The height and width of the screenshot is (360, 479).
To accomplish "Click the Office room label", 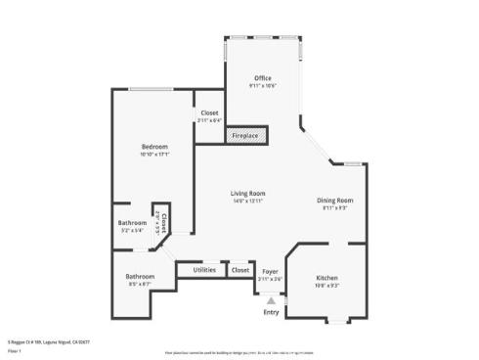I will coord(262,78).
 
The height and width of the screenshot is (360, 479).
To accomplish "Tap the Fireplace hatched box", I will coord(245,134).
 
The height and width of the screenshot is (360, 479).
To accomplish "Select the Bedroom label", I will coord(154,146).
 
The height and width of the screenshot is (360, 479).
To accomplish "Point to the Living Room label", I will coord(247,193).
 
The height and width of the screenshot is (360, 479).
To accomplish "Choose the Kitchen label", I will coord(327,278).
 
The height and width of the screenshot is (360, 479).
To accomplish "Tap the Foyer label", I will coord(271,271).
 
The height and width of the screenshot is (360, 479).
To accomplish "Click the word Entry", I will coord(271,312).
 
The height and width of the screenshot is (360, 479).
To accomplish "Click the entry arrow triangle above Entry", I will coord(271,300).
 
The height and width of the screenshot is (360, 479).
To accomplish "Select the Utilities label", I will coord(204,269).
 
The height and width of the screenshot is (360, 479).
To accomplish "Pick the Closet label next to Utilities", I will coord(239,269).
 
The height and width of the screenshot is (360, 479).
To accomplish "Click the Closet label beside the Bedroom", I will coord(209,112).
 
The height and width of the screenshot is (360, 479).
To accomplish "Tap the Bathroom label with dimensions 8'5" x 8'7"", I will coord(140,277).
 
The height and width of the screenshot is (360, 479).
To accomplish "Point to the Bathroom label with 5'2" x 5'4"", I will coord(132,223).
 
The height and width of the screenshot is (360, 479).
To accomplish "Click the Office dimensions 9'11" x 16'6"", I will coord(262,86).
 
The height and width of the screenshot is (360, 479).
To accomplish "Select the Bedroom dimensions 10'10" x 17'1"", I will coord(154,154).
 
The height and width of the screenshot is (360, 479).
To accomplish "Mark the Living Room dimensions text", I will coord(247,201).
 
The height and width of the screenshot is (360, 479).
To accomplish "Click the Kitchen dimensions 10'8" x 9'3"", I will coord(327,286).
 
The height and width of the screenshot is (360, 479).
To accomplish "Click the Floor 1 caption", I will coord(15,349).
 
